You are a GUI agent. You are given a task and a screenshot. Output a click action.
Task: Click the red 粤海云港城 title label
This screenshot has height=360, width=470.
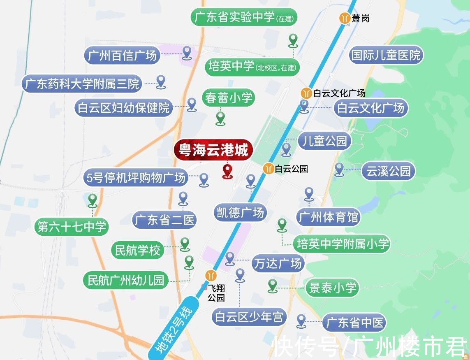click(212, 151)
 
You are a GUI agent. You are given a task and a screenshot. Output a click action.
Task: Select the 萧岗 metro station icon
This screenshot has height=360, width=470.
click(344, 19)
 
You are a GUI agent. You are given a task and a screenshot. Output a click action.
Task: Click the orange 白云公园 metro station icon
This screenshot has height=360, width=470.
click(269, 168)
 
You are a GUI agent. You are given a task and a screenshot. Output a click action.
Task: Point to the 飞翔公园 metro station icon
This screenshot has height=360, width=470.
click(211, 275)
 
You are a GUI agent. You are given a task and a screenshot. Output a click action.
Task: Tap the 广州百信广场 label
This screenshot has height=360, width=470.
click(122, 55)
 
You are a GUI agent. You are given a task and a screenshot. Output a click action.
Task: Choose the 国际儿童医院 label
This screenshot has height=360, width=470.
click(386, 55)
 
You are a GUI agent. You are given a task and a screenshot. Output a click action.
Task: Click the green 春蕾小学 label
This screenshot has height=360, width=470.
click(229, 98)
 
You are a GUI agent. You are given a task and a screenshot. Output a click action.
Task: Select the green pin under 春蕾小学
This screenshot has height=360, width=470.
click(221, 118)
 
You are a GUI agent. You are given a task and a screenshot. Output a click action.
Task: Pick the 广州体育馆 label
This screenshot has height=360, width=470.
click(329, 217)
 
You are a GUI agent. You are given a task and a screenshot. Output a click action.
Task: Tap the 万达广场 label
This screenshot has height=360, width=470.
click(277, 263)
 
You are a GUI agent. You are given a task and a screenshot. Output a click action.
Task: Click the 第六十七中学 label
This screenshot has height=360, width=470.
click(72, 227)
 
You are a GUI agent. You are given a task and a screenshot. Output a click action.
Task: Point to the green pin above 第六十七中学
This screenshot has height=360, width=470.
click(93, 200)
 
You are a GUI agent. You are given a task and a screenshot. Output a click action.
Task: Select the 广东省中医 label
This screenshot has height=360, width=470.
click(354, 323)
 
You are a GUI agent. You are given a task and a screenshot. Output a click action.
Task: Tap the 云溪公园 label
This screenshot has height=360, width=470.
click(388, 171)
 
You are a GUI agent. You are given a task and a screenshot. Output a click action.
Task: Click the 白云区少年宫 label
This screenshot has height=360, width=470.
click(249, 317)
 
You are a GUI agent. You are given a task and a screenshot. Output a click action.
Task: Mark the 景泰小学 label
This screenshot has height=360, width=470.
click(331, 288)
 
